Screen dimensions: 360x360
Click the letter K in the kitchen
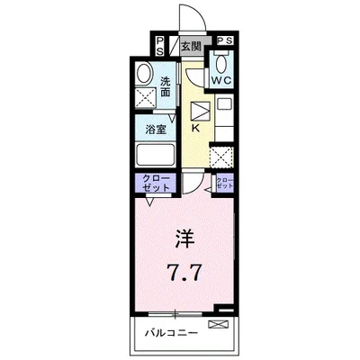195,127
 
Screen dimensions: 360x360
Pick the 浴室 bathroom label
155,130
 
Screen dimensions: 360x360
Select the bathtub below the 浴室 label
157,156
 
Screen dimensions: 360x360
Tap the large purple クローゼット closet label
154,184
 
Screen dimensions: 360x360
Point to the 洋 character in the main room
183,238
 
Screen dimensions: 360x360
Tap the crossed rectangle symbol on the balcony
218,323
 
